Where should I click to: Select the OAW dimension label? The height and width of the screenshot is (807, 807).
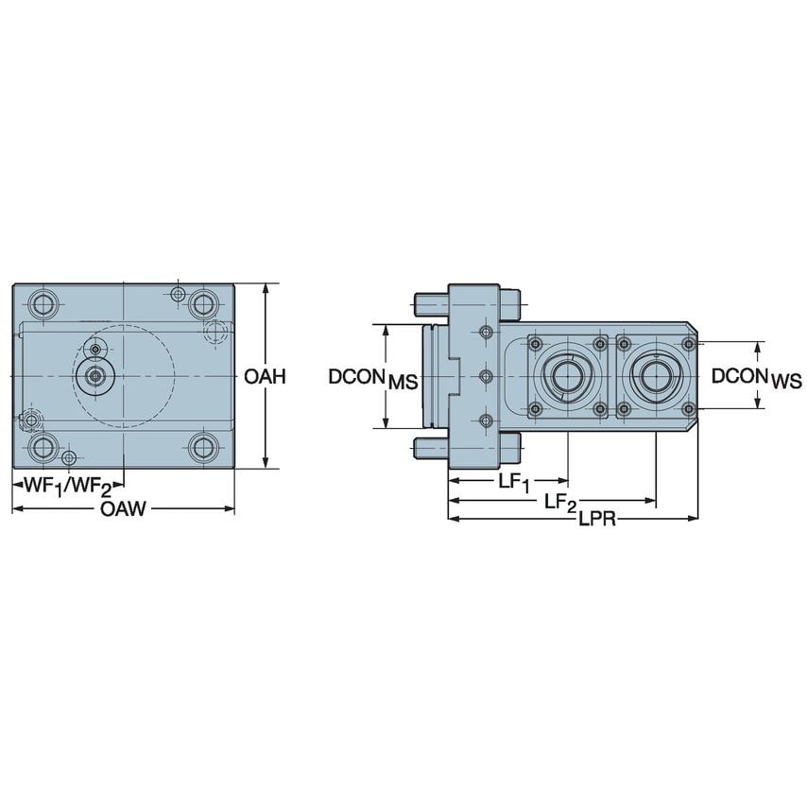[x=123, y=510]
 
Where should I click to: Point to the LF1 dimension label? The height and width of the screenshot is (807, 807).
[x=514, y=482]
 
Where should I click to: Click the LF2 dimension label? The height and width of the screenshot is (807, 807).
[x=561, y=502]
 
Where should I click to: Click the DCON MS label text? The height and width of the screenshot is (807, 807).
[x=372, y=377]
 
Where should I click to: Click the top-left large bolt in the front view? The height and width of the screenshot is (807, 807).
[x=42, y=304]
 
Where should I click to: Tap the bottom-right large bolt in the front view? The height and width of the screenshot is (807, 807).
[x=202, y=446]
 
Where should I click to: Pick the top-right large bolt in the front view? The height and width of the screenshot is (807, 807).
[x=202, y=304]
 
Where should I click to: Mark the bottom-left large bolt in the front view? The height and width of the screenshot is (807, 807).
[x=42, y=446]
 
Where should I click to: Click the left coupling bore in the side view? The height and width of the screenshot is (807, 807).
[x=567, y=376]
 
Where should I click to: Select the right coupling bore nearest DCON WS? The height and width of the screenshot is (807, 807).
[x=655, y=376]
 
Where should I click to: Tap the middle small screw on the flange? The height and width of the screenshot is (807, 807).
[x=486, y=376]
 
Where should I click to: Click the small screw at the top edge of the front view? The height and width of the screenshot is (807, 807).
[x=178, y=294]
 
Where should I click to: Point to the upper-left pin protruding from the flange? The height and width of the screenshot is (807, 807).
[x=430, y=303]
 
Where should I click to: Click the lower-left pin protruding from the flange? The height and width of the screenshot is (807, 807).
[x=430, y=445]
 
